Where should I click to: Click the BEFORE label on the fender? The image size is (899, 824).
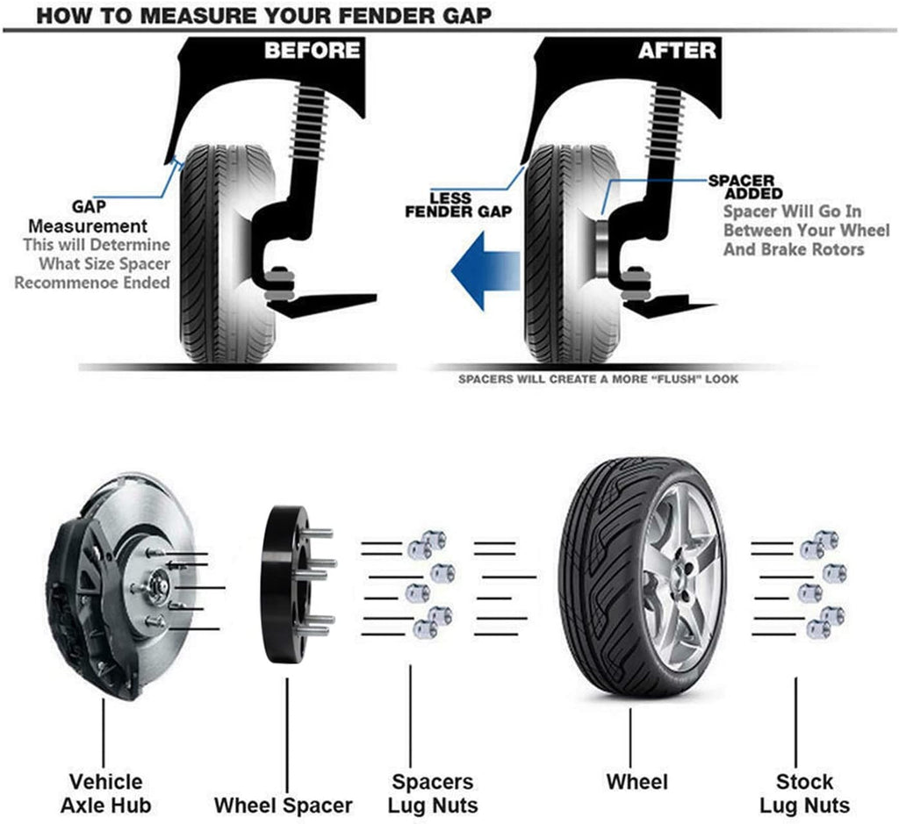[312, 50]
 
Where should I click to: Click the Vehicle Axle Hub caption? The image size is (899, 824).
[104, 793]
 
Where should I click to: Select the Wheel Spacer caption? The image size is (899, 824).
[284, 804]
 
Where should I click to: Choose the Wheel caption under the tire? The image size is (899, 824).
[636, 782]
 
